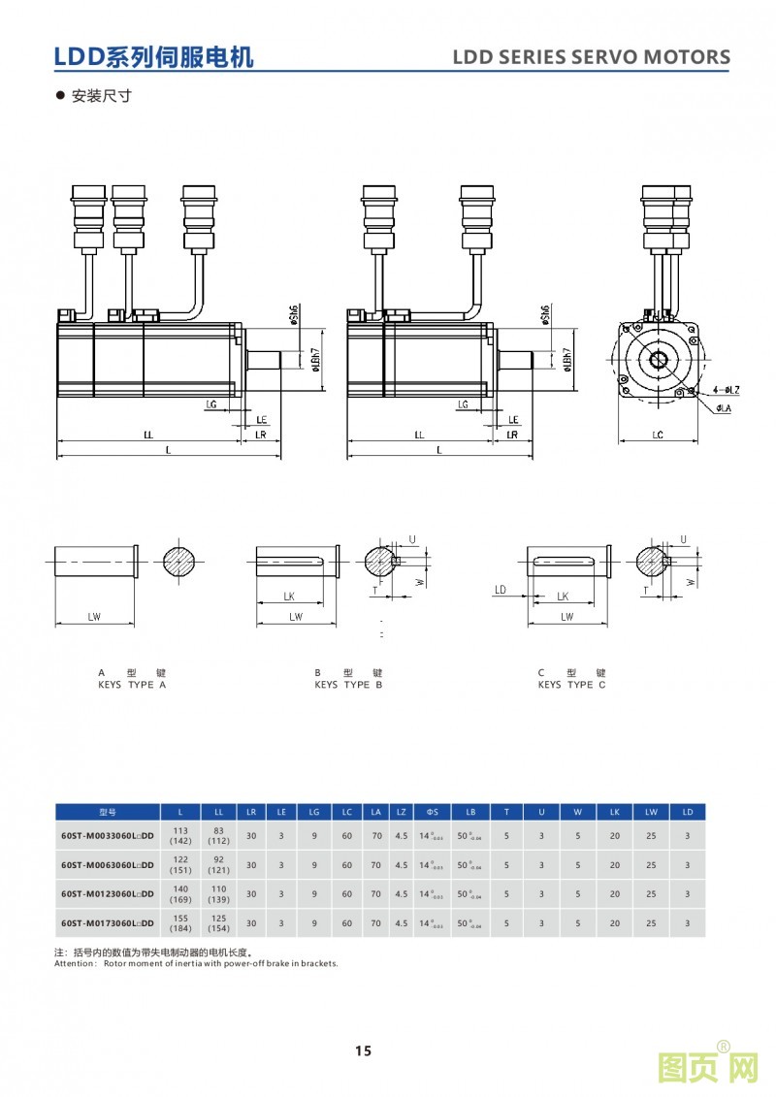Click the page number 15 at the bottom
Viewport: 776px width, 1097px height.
pos(363,1050)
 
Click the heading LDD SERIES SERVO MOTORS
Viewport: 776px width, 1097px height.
pos(592,57)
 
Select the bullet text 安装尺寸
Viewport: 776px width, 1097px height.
pos(101,96)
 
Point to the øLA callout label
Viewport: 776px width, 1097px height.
pos(724,408)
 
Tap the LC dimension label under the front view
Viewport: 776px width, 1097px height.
pos(657,436)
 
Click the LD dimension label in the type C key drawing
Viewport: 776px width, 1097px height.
pos(501,590)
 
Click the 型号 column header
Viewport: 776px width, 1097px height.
pos(107,812)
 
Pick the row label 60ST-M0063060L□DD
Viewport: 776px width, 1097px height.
pos(107,865)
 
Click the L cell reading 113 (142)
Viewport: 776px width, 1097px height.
pos(179,836)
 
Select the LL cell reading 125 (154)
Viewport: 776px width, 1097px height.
pos(218,922)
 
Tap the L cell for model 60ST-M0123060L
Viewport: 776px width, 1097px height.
pos(179,894)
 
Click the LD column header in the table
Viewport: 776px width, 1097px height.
pos(688,812)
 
